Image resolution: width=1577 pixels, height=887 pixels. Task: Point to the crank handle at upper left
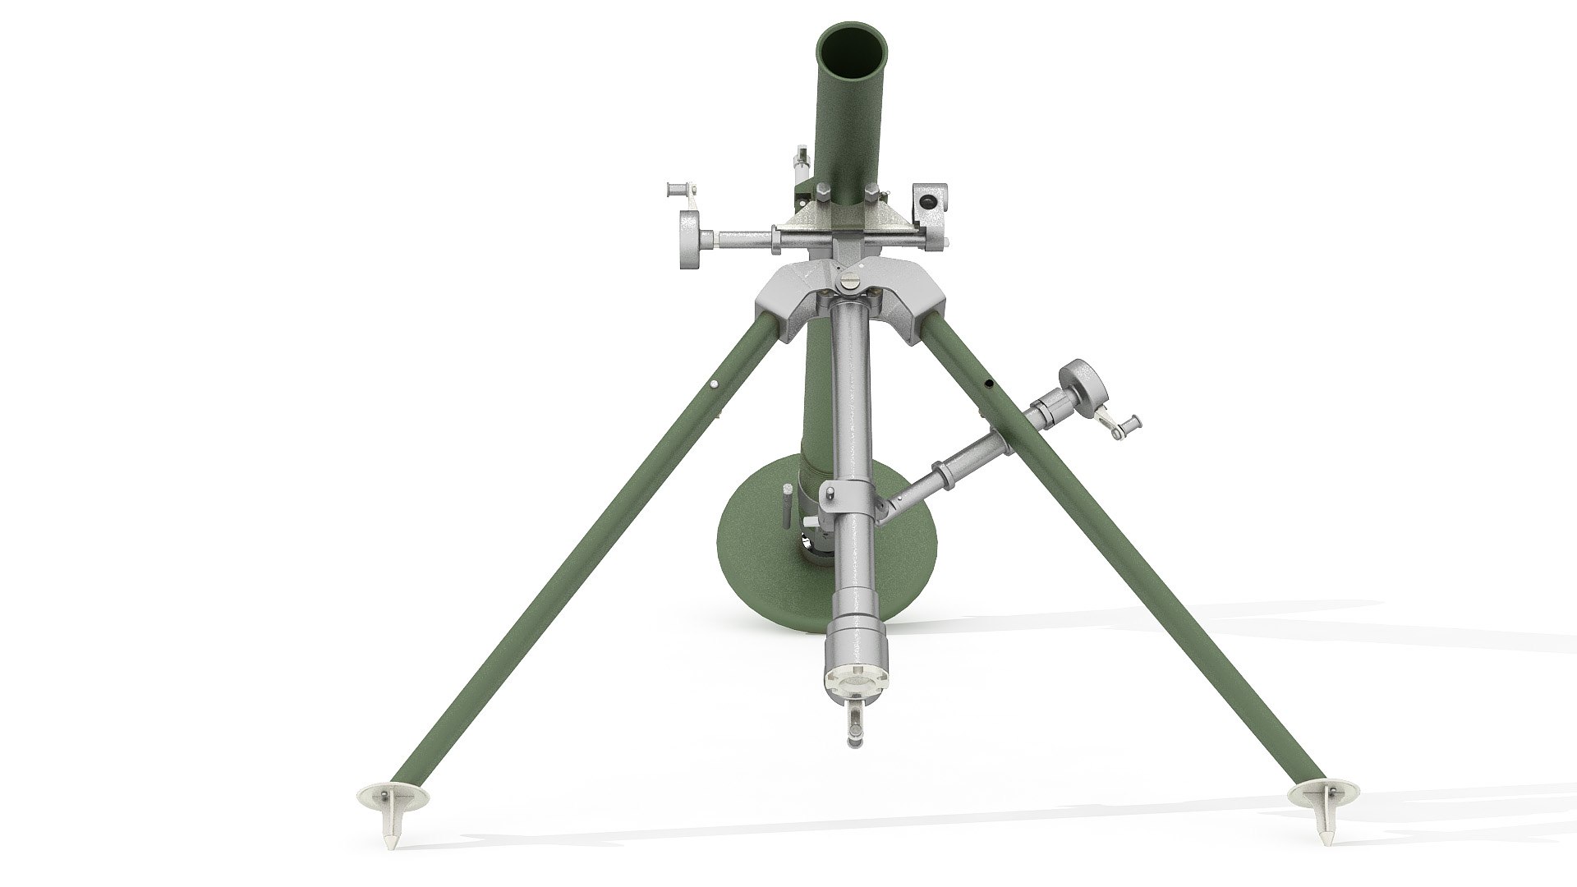(682, 190)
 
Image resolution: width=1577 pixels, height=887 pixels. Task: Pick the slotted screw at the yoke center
(848, 283)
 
